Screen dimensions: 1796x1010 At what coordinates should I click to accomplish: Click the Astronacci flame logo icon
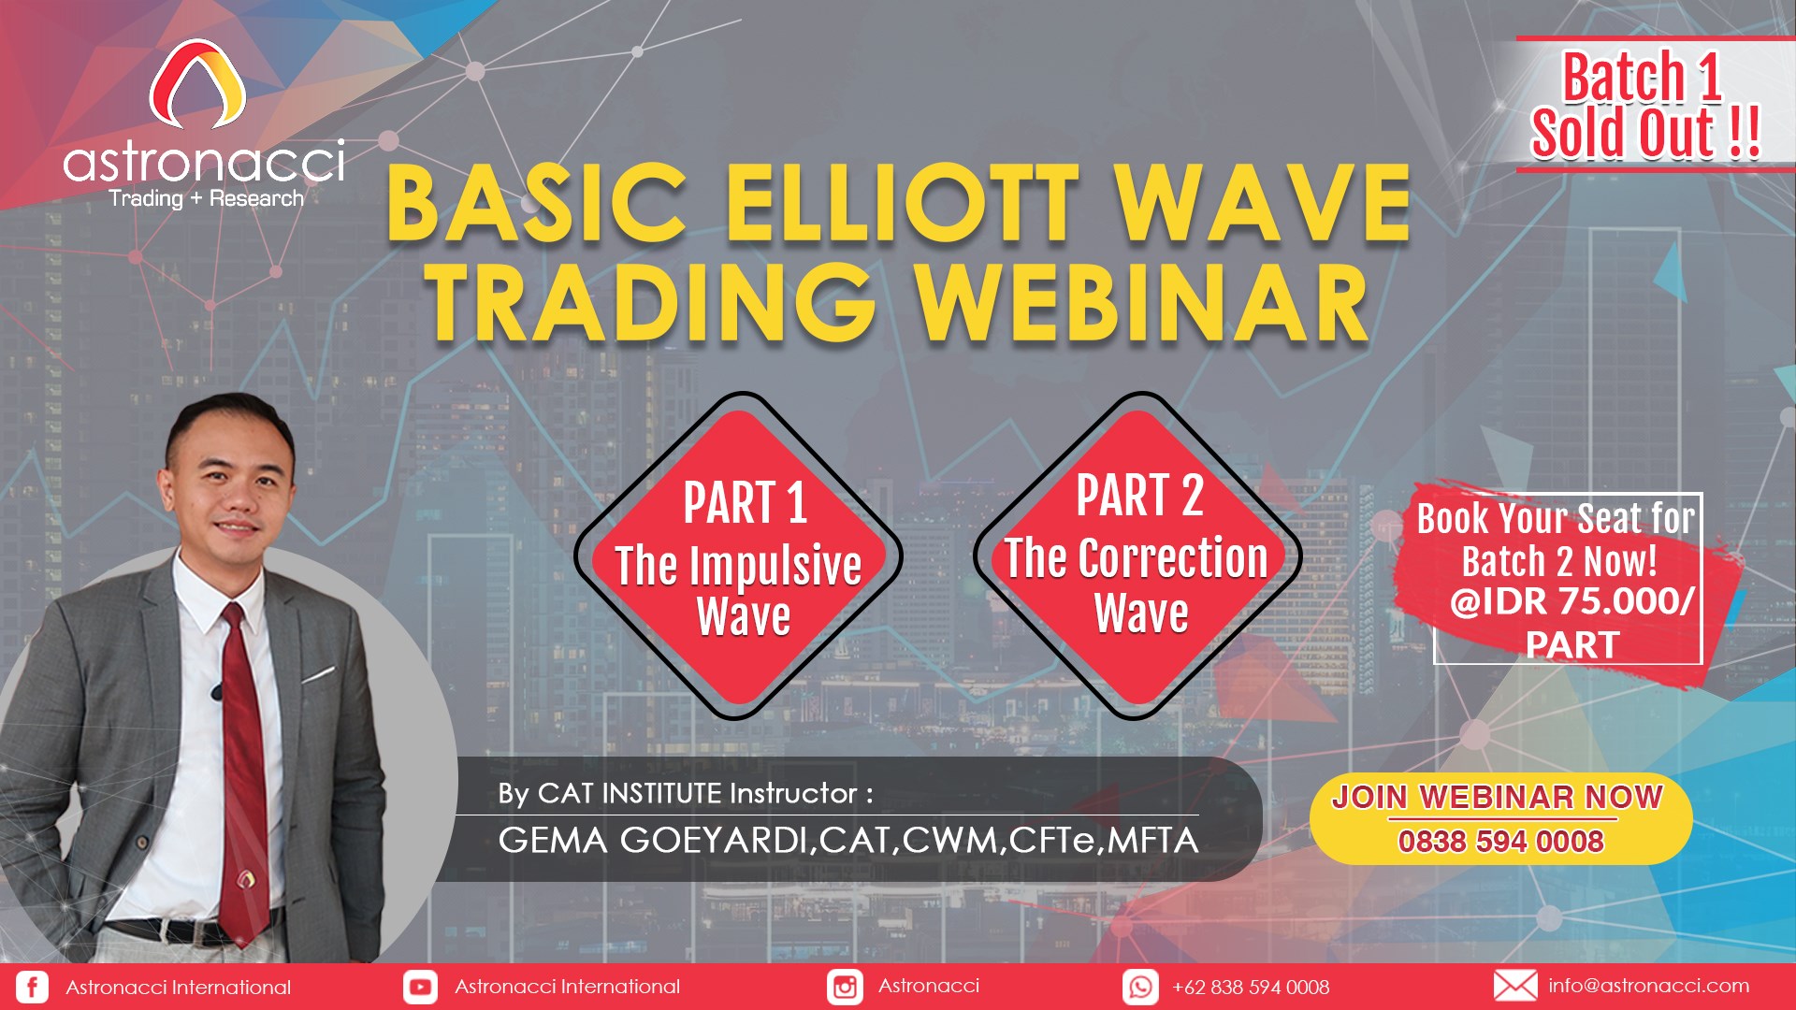coord(197,84)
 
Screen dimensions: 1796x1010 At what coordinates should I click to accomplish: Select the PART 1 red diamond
coord(739,556)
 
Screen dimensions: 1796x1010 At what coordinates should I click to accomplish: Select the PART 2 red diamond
coord(1138,556)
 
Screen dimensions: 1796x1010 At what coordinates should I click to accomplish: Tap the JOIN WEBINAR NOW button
coord(1500,819)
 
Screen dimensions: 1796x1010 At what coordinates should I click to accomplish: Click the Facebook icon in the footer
coord(32,987)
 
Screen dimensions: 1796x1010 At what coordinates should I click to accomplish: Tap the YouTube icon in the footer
coord(420,987)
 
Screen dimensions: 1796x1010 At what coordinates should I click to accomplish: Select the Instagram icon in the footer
coord(845,987)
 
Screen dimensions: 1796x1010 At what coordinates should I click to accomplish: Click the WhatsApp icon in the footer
coord(1140,987)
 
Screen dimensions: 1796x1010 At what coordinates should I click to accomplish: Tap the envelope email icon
coord(1515,986)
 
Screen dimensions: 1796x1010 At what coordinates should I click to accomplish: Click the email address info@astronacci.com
coord(1648,986)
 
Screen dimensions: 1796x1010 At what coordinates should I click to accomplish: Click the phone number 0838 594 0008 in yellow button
coord(1500,842)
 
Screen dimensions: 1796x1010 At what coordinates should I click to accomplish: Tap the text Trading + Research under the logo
coord(206,198)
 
